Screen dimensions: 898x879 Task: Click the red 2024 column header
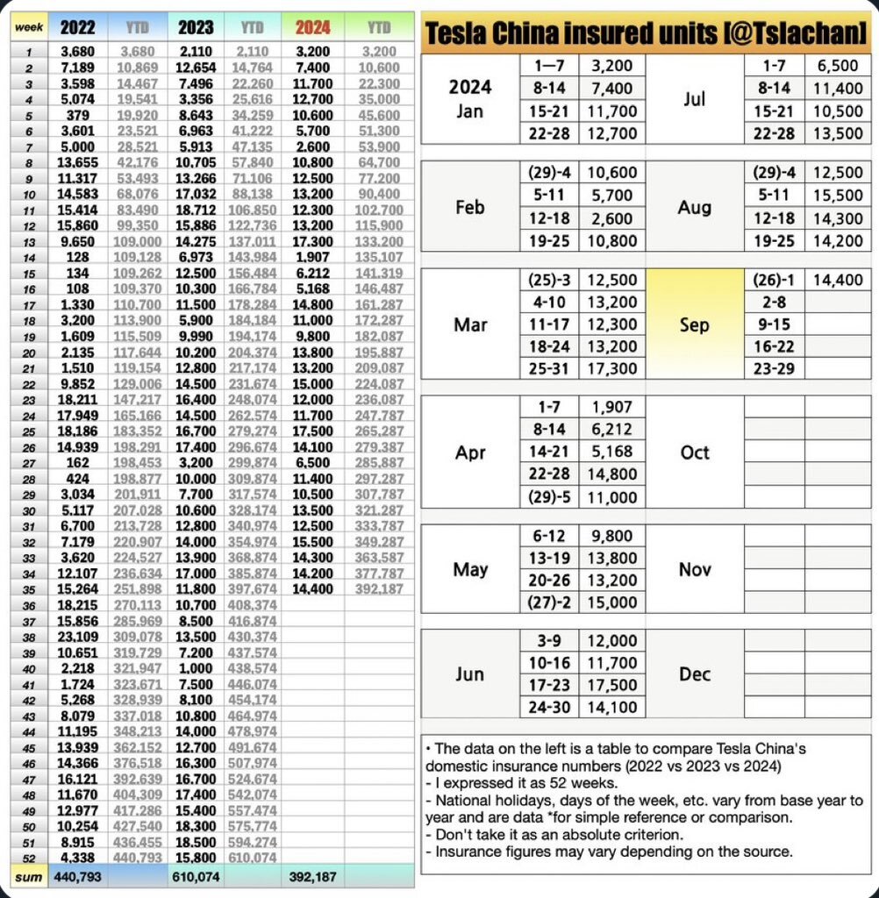(313, 28)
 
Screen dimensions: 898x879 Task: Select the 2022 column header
(78, 28)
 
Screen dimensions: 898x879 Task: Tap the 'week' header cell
(24, 28)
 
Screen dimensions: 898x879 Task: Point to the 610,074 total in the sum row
(197, 876)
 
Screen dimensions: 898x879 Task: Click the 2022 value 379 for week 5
(77, 114)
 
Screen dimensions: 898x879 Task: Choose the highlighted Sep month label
(694, 324)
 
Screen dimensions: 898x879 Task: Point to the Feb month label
(470, 207)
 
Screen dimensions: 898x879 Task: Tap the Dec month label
(694, 674)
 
